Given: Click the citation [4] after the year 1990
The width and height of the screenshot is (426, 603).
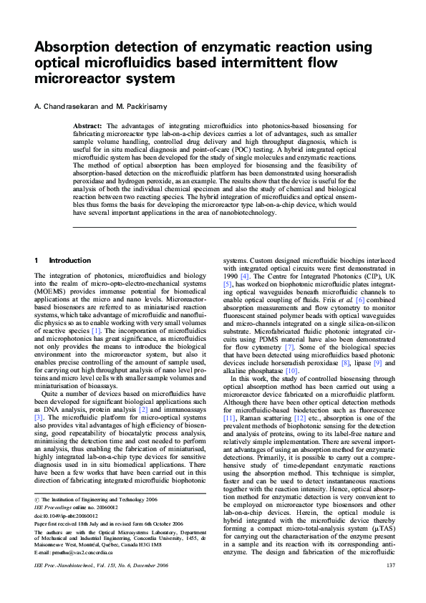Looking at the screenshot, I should [245, 275].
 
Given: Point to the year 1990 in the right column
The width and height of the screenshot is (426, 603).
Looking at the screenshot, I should [231, 275].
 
